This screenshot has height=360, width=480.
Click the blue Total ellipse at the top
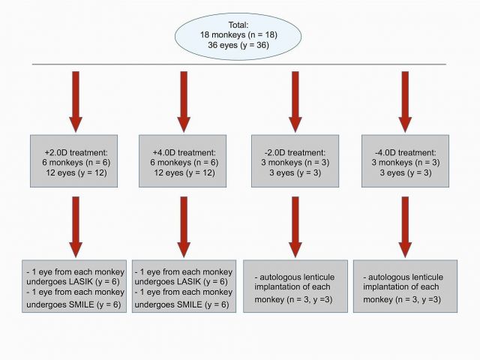pos(238,37)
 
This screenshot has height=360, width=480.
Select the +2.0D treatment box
pos(73,161)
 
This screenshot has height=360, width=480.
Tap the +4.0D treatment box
pos(183,161)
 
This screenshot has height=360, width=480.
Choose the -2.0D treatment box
pos(295,161)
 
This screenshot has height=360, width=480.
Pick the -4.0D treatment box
pos(405,161)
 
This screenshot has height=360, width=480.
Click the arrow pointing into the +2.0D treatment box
pos(76,102)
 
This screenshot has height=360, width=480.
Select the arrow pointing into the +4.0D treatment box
pos(184,102)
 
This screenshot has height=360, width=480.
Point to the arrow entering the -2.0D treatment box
pos(295,102)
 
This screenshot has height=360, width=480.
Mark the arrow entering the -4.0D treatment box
pos(405,102)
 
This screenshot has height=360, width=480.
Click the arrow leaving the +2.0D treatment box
pos(76,226)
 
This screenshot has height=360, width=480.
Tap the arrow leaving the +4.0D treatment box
pos(184,226)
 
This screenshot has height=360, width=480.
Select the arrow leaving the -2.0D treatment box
pos(295,226)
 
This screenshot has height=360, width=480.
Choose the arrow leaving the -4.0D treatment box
pos(405,226)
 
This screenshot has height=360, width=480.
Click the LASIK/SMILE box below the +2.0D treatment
pos(74,286)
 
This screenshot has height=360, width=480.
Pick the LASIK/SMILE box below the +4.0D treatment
pos(184,286)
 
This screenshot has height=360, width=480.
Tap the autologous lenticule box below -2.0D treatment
pos(295,286)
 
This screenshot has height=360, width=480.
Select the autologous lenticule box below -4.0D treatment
pos(405,286)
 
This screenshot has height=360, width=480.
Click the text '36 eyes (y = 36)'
pos(238,45)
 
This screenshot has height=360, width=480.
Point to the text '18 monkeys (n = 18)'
pos(238,35)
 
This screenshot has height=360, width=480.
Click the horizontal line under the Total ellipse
pos(239,64)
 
